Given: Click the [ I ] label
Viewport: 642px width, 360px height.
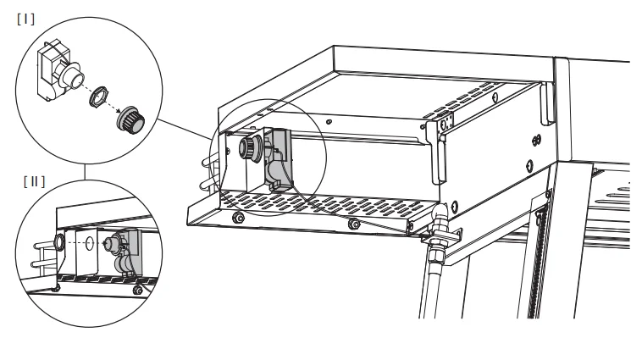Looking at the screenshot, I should coord(25,19).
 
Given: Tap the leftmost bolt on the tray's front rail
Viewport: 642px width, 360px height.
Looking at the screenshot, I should coord(238,218).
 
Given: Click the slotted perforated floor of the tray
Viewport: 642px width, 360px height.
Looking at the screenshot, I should coord(322,202).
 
